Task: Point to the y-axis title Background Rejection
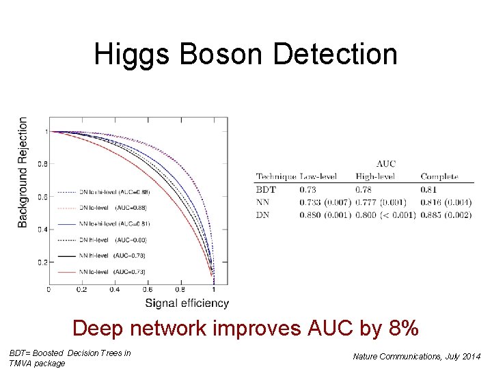(x=23, y=172)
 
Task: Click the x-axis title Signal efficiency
(x=187, y=303)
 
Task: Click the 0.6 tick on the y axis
(x=42, y=197)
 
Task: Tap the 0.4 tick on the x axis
(x=114, y=289)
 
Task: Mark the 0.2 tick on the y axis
(x=42, y=262)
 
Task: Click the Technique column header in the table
(x=276, y=177)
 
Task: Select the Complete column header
(x=439, y=177)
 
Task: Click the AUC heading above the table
(x=385, y=164)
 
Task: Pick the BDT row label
(x=266, y=189)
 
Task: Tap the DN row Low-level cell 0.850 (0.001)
(x=325, y=215)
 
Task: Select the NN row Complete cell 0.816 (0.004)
(x=446, y=202)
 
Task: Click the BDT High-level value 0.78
(x=365, y=189)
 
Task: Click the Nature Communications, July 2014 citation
(x=416, y=356)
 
